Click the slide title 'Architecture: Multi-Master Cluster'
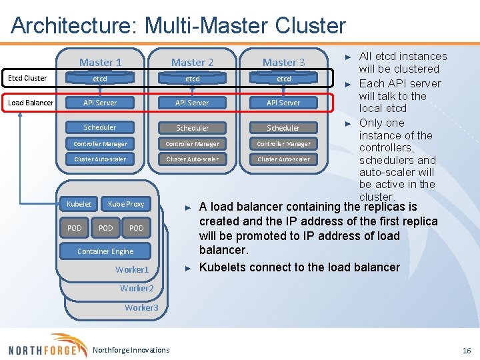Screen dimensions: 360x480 tap(179, 26)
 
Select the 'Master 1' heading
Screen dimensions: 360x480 tap(100, 62)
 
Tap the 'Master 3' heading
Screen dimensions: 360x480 tap(283, 62)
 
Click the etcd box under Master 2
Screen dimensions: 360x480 tap(192, 79)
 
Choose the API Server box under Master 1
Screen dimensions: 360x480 tap(99, 103)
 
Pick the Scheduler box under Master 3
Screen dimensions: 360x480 tap(283, 127)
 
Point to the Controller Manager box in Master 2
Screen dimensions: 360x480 tap(192, 143)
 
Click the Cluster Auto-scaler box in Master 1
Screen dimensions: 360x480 tap(100, 159)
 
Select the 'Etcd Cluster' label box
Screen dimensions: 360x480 tap(27, 78)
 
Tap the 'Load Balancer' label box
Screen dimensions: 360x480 tap(31, 103)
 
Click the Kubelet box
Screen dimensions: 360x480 tap(79, 203)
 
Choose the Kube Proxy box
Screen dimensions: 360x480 tap(126, 203)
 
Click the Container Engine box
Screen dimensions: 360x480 tap(105, 251)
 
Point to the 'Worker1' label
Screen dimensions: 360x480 tap(132, 269)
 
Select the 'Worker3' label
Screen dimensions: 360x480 tap(141, 307)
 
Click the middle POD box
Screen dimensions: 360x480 tap(105, 228)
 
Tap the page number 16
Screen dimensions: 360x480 tap(466, 350)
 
